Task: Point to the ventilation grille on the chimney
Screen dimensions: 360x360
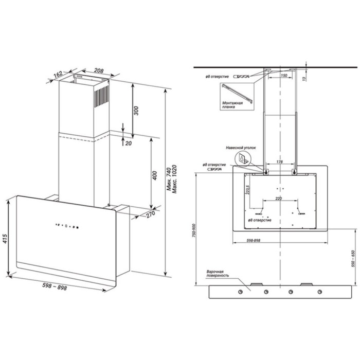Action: tap(103, 95)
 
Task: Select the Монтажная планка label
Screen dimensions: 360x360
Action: tap(232, 105)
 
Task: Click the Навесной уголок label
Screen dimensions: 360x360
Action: tap(242, 148)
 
